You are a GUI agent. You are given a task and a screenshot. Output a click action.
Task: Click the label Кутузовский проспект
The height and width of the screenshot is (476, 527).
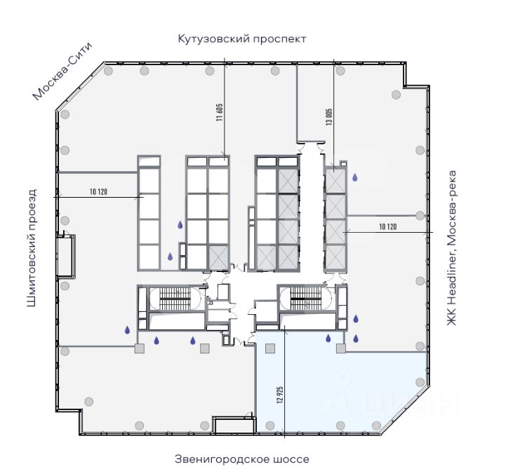pos(242,39)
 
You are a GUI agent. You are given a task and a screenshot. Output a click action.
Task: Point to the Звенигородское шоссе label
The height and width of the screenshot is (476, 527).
pos(241,459)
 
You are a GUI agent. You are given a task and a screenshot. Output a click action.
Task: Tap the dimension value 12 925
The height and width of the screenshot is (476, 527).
pos(279,397)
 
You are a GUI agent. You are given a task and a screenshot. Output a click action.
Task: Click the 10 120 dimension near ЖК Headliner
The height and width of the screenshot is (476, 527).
pos(388,226)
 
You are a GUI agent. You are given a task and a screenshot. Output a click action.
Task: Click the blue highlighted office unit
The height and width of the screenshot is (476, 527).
pos(337,393)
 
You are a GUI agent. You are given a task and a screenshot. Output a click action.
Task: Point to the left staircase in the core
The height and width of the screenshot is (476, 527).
pos(171,299)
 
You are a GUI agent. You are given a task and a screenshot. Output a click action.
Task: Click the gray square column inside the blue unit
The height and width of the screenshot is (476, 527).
pos(341,348)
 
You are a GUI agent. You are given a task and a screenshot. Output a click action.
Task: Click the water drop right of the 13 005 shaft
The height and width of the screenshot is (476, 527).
pos(356,178)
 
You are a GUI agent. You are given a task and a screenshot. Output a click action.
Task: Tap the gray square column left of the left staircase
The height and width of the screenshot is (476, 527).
pos(139,348)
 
